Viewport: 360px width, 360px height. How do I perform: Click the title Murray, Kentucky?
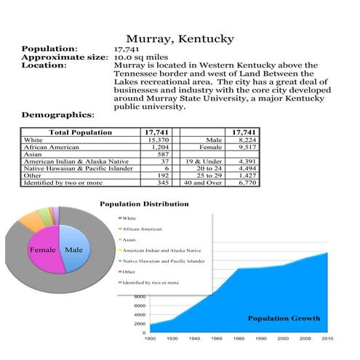(180, 38)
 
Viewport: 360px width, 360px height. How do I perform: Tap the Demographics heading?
(57, 115)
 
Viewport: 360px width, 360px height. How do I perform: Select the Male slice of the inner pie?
(73, 250)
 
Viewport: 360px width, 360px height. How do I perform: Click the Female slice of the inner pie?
(42, 250)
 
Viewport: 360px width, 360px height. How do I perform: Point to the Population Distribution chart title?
(144, 204)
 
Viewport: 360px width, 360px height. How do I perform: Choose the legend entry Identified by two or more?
(151, 281)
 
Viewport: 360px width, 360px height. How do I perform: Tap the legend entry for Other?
(129, 271)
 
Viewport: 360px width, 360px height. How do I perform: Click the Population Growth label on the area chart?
(284, 319)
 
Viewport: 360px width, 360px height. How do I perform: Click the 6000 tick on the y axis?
(140, 306)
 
